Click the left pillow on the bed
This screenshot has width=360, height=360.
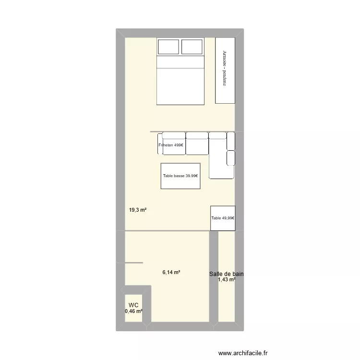click(x=168, y=47)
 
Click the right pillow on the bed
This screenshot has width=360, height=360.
click(x=192, y=47)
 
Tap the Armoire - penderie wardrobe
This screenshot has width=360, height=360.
click(x=225, y=70)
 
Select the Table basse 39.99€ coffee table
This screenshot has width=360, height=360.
click(x=180, y=176)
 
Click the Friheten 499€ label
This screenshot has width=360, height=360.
click(x=171, y=144)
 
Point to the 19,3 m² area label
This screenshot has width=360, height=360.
click(x=137, y=210)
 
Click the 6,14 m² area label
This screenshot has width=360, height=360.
click(x=171, y=272)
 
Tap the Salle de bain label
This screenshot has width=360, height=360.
click(x=227, y=274)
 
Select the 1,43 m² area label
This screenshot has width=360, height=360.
click(x=227, y=280)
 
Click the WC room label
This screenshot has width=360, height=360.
click(x=133, y=305)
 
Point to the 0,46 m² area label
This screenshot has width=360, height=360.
click(x=134, y=312)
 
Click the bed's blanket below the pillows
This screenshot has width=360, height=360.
click(x=180, y=86)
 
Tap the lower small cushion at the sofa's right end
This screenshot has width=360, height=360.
click(x=231, y=157)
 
